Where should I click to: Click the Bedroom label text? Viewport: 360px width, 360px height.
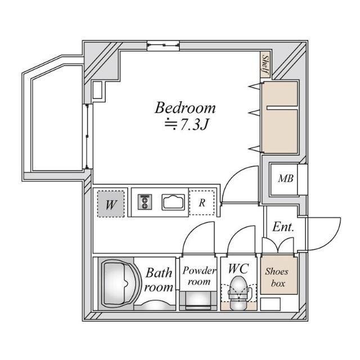click(x=185, y=107)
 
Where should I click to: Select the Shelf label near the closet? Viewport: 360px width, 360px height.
click(x=264, y=66)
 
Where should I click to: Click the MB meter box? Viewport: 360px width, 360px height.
click(x=284, y=179)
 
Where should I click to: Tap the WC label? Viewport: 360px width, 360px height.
click(x=239, y=267)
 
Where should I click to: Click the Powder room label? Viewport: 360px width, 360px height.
click(x=199, y=275)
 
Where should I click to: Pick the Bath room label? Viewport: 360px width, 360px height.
click(x=159, y=280)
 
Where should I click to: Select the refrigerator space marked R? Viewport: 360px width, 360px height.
click(x=201, y=203)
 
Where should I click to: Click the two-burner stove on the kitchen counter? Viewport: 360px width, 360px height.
click(x=145, y=202)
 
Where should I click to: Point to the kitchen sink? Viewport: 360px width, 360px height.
click(x=174, y=202)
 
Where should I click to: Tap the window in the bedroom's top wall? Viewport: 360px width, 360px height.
click(x=164, y=45)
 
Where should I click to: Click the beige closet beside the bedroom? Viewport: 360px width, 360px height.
click(x=279, y=119)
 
